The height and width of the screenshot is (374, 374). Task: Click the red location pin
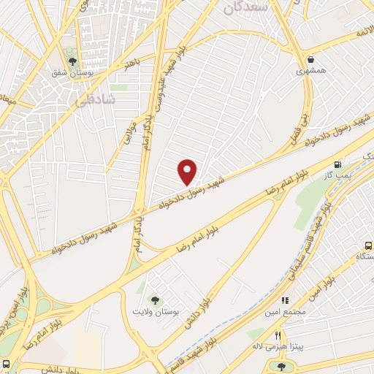pyautogui.click(x=188, y=171)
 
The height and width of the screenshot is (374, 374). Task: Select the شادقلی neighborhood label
pyautogui.click(x=93, y=103)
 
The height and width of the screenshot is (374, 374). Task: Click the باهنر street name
pyautogui.click(x=131, y=65)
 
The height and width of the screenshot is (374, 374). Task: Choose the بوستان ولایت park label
pyautogui.click(x=154, y=311)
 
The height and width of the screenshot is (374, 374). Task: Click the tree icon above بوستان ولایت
pyautogui.click(x=154, y=299)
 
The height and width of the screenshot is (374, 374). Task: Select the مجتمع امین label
pyautogui.click(x=285, y=311)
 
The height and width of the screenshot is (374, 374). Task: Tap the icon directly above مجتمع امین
pyautogui.click(x=285, y=299)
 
